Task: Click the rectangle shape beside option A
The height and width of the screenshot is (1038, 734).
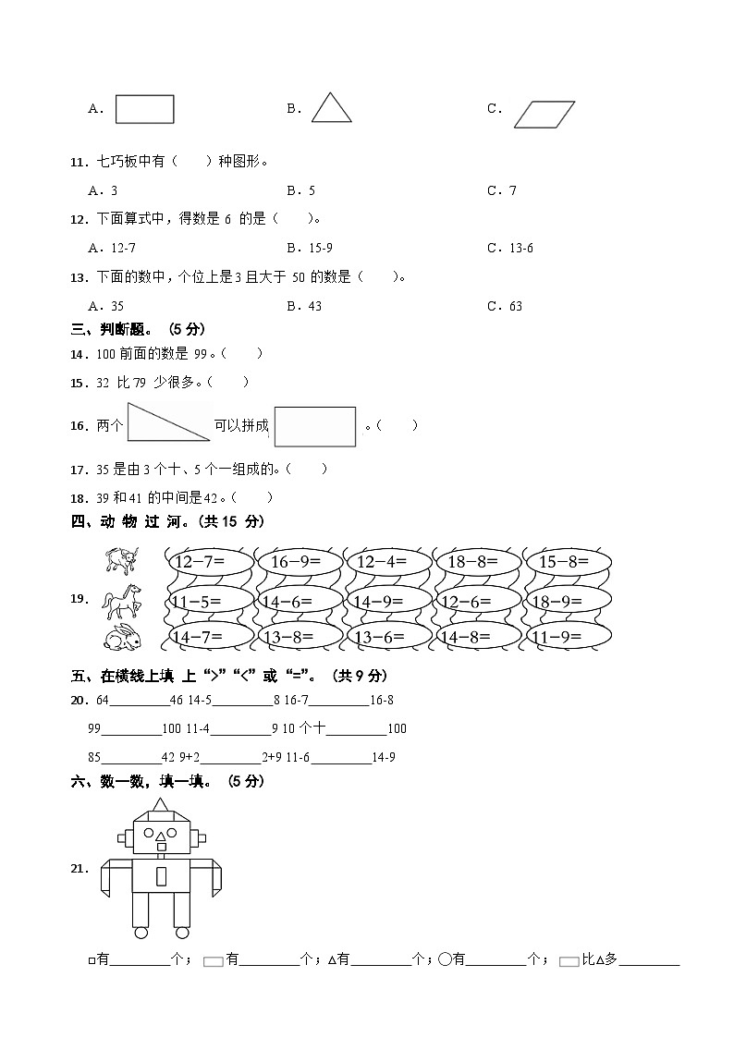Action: (144, 109)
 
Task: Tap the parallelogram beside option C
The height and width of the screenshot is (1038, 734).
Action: (544, 114)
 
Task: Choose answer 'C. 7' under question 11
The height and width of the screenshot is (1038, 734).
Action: (502, 190)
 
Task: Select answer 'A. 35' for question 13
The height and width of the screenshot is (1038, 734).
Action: (105, 306)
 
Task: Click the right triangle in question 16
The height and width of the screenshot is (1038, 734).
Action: (162, 423)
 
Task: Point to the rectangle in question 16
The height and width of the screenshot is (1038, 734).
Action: (315, 426)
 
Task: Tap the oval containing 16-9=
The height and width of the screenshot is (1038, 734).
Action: (296, 562)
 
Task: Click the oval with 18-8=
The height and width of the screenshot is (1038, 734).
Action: (478, 562)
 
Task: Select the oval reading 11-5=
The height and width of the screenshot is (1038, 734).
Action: (207, 601)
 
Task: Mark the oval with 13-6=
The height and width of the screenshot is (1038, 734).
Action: (387, 636)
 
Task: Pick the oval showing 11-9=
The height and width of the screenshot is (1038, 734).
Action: (568, 636)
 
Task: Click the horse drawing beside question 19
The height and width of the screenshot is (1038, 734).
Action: (122, 601)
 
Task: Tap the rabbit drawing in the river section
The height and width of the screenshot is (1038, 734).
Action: (122, 637)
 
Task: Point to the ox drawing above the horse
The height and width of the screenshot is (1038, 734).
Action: (122, 560)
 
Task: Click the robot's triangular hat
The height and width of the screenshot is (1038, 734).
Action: (160, 808)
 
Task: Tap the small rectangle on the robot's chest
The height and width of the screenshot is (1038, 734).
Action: (161, 875)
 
